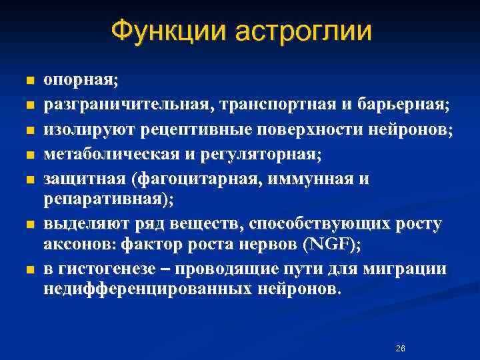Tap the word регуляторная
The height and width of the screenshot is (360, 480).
click(x=257, y=155)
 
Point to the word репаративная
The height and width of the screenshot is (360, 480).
click(x=104, y=198)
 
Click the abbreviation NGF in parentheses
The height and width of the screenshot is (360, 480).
click(x=329, y=244)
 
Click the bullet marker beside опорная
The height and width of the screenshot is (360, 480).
click(x=29, y=81)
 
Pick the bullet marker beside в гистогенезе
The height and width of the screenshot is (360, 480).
click(x=29, y=270)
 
